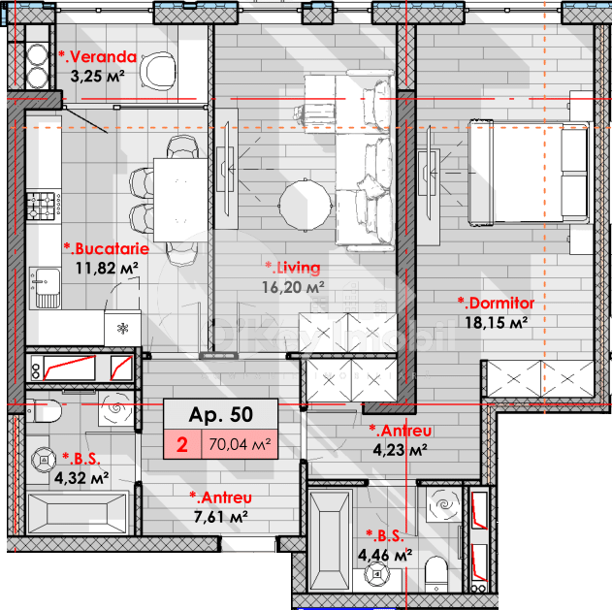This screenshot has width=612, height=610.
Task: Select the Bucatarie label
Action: [100, 248]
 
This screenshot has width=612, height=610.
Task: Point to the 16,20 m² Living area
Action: [294, 287]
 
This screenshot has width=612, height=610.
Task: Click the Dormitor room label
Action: [496, 304]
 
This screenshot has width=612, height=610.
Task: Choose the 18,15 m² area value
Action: [495, 322]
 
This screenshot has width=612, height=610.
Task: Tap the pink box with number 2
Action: [181, 445]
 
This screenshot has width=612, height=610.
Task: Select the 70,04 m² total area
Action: [238, 445]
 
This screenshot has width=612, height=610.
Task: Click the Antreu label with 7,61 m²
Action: [219, 498]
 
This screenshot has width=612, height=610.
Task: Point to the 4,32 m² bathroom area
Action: [81, 477]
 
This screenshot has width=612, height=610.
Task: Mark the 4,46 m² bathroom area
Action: [385, 555]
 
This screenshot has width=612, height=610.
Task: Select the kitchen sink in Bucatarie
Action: [44, 283]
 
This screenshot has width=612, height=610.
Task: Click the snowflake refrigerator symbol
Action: [122, 327]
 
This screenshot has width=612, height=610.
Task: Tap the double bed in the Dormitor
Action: [529, 172]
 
